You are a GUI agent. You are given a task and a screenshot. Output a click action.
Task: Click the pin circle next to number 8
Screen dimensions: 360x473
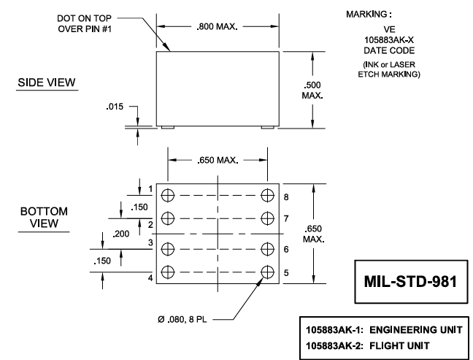[268, 195]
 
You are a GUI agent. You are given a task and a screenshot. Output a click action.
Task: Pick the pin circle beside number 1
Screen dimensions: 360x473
[169, 195]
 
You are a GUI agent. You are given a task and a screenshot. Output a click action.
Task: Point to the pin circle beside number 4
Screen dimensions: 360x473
[169, 271]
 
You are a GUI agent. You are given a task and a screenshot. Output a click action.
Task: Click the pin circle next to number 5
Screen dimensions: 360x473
[268, 271]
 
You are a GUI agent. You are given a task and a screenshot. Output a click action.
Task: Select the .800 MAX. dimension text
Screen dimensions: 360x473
[218, 26]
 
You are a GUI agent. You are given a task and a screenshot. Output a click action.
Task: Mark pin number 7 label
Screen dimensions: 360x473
[286, 218]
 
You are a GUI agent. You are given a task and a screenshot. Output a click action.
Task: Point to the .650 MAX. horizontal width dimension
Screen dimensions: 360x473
[218, 161]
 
